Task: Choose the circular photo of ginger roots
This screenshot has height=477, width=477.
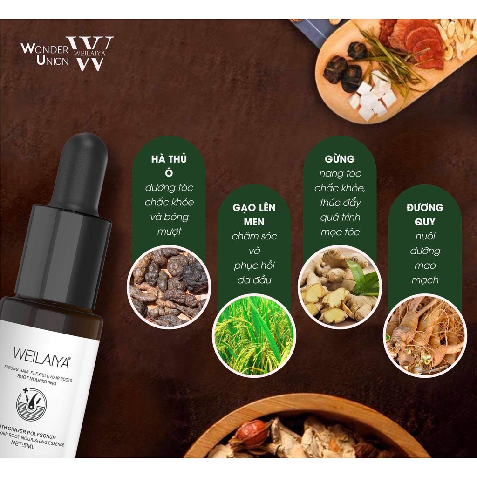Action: (x=340, y=287)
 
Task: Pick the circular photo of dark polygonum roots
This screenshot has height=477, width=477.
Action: (x=169, y=286)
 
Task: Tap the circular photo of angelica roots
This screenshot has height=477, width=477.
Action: (x=424, y=334)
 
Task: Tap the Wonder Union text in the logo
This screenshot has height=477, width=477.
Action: (x=44, y=54)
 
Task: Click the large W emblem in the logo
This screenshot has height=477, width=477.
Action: (x=90, y=53)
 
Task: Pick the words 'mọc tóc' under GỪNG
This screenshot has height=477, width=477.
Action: (x=340, y=232)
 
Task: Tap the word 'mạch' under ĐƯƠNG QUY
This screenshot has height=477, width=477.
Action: (x=424, y=280)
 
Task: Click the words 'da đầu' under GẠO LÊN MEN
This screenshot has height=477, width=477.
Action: (x=254, y=280)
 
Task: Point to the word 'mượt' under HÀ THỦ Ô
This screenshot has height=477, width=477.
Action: (x=169, y=231)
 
